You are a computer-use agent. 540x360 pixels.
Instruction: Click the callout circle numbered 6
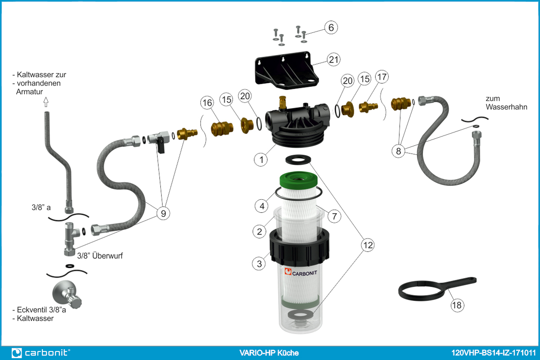[331, 27]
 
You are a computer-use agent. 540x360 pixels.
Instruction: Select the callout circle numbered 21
[333, 59]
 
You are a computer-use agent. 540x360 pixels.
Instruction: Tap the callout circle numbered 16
[207, 103]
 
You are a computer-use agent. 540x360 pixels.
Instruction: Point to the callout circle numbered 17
[382, 77]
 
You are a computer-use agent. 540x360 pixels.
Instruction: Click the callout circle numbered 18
[457, 305]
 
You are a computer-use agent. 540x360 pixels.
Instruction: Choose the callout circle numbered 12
[368, 245]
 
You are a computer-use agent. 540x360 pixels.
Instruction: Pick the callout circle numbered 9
[163, 213]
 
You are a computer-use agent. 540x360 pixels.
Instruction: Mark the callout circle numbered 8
[398, 151]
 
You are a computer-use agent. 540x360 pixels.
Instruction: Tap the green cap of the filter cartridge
[298, 180]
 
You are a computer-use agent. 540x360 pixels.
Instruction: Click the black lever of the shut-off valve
[161, 145]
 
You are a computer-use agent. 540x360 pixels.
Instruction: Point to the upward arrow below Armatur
[46, 102]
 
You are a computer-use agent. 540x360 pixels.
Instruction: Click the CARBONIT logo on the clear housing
[301, 272]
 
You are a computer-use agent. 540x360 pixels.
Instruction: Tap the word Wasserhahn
[506, 107]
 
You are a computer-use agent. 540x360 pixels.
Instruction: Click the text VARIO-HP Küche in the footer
[269, 353]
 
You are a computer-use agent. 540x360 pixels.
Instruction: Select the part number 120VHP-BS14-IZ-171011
[494, 353]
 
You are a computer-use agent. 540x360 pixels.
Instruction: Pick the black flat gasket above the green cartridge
[298, 160]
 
